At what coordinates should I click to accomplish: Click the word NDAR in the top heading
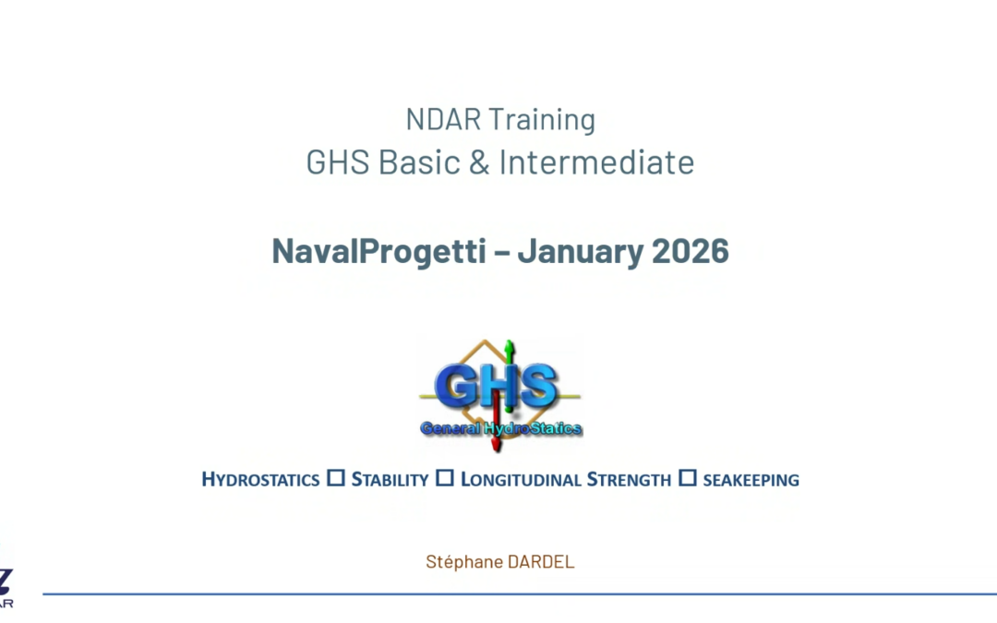click(x=443, y=119)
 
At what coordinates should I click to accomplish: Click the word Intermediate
click(x=597, y=163)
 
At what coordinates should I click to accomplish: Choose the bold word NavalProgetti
click(x=378, y=251)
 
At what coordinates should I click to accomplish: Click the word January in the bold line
click(x=574, y=251)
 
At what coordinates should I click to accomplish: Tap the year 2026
click(x=690, y=251)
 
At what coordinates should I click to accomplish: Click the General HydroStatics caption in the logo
click(x=501, y=428)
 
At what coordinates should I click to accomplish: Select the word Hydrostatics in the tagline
click(x=260, y=480)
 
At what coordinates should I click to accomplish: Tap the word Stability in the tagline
click(x=390, y=480)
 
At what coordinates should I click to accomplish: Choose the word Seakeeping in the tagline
click(x=751, y=480)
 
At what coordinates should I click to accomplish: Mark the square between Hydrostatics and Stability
click(x=336, y=479)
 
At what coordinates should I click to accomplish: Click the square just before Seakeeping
click(x=688, y=479)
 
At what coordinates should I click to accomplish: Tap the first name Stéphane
click(x=463, y=562)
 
